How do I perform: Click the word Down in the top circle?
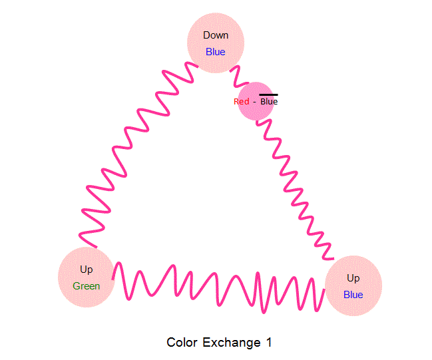tap(216, 35)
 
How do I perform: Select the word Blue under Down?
tap(216, 52)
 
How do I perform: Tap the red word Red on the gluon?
tap(242, 102)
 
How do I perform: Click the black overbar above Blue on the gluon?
tap(269, 95)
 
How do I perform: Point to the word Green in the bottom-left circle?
tap(87, 286)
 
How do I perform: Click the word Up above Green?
tap(87, 270)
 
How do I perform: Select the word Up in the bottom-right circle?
tap(353, 277)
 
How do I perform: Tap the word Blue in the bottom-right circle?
tap(353, 294)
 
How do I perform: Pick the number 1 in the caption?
tap(269, 343)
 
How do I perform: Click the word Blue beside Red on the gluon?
tap(269, 102)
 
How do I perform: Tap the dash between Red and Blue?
tap(254, 102)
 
